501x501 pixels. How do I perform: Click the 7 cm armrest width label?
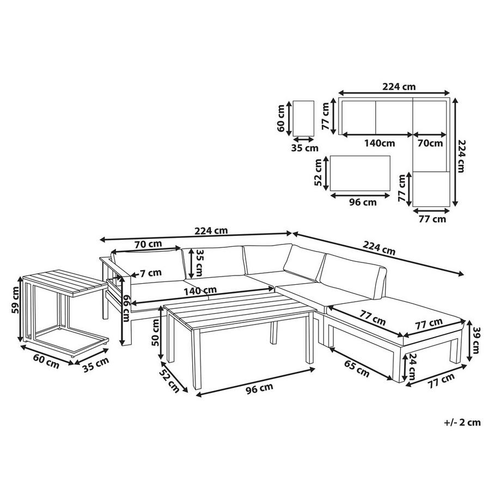click(150, 272)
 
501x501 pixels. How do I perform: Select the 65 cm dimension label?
click(356, 369)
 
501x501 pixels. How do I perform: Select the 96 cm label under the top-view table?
click(362, 203)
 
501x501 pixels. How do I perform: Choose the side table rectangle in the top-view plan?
click(303, 118)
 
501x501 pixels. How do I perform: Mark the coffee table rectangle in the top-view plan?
click(361, 174)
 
